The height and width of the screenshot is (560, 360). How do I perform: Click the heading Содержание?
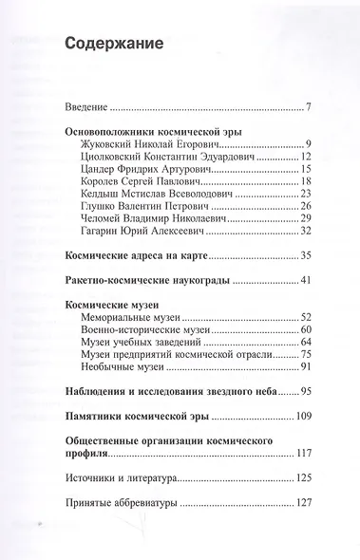pyautogui.click(x=113, y=44)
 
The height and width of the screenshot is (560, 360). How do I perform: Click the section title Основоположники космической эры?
pyautogui.click(x=166, y=133)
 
